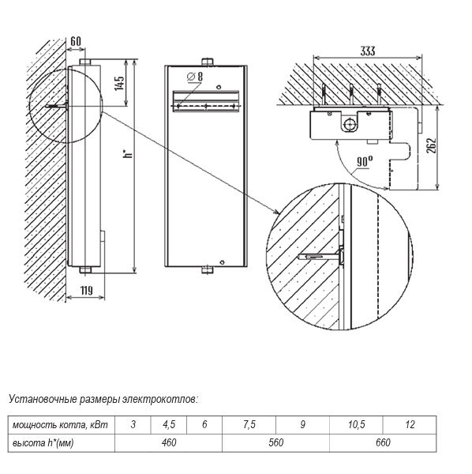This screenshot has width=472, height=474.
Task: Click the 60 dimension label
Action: click(76, 41)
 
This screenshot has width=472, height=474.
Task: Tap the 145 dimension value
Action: click(119, 82)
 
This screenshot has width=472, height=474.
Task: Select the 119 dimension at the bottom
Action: click(86, 291)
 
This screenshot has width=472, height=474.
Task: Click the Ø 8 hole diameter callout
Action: click(195, 77)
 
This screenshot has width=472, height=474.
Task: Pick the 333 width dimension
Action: click(368, 51)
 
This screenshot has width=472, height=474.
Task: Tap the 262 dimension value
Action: click(433, 145)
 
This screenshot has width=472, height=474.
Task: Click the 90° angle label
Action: click(365, 161)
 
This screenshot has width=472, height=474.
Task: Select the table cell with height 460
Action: click(168, 443)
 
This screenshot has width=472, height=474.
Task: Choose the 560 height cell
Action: click(275, 443)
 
